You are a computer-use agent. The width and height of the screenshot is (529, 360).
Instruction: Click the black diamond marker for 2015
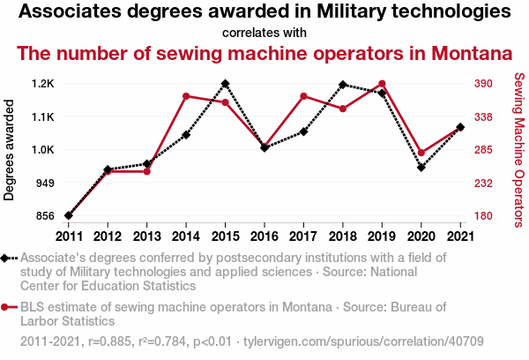point(225,84)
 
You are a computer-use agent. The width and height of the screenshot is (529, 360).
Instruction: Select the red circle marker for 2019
point(382,84)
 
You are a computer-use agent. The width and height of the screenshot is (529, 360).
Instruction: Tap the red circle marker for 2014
point(186,96)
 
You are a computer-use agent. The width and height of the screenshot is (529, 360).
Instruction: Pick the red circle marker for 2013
point(147,171)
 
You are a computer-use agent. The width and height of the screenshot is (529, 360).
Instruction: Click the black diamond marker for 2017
point(303,131)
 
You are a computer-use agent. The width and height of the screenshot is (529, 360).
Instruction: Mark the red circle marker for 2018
point(342,109)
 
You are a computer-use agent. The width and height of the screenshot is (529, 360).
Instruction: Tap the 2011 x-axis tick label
point(69,236)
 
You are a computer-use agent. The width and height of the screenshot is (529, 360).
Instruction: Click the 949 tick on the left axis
point(44,183)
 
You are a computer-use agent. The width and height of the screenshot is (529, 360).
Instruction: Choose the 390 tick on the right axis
point(485,84)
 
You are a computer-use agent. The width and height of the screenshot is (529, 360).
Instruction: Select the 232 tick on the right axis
point(485,183)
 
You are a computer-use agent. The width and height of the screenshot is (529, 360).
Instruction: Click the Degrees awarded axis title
point(10,150)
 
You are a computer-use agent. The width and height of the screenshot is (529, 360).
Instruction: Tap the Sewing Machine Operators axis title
point(518,150)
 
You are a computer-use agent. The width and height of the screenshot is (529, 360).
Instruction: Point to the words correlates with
point(264,33)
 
